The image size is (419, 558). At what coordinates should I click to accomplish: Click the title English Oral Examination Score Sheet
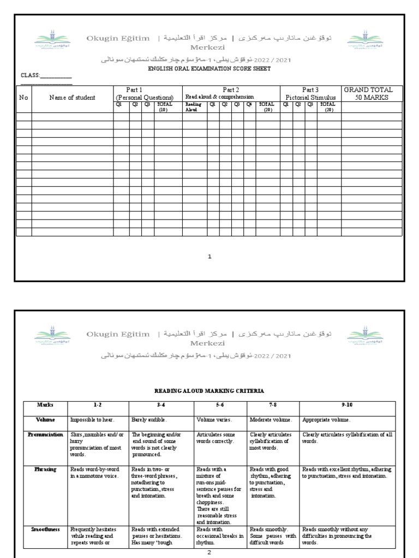click(x=209, y=69)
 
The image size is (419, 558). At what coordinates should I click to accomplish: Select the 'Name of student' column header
click(x=72, y=98)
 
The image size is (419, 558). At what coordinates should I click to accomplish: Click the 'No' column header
click(x=23, y=98)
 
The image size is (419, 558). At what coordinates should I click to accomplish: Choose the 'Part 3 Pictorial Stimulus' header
click(x=310, y=93)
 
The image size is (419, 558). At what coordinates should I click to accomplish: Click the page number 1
click(x=209, y=256)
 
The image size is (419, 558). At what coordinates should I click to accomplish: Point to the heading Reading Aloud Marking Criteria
click(x=209, y=391)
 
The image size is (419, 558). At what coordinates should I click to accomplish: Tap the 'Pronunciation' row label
click(x=45, y=435)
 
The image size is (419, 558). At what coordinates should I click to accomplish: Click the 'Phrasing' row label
click(x=45, y=469)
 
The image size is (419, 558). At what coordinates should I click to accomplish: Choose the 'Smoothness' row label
click(x=45, y=529)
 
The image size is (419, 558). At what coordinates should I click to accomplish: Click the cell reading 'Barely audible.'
click(x=149, y=420)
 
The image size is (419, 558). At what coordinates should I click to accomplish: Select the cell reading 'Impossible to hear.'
click(x=91, y=420)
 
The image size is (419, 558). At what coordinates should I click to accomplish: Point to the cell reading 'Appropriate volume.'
click(x=327, y=420)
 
